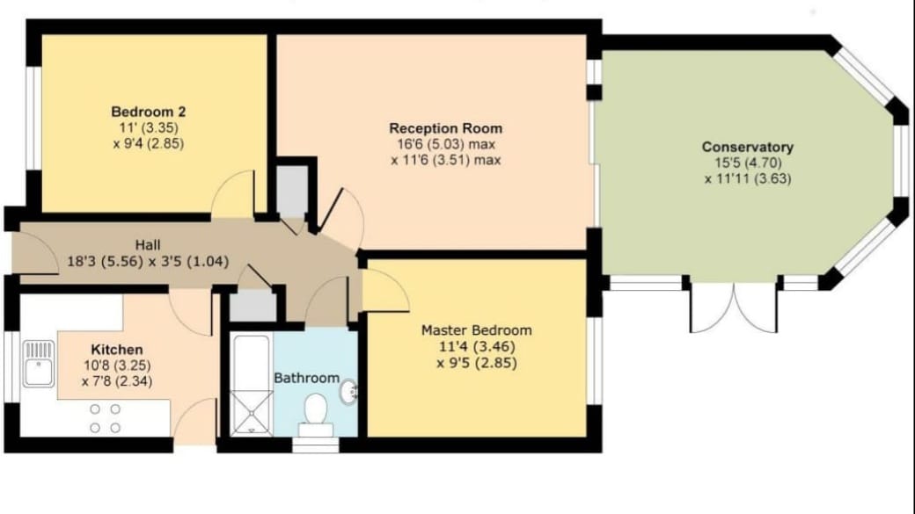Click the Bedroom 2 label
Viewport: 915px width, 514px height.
point(148,112)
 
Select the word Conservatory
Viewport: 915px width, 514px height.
point(748,147)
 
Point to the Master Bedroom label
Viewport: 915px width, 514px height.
point(476,330)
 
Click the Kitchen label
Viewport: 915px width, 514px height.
point(115,349)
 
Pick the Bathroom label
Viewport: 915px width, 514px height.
point(306,378)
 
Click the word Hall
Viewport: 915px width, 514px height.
point(148,244)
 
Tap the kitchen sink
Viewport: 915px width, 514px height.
point(39,364)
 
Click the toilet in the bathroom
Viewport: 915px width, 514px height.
point(315,413)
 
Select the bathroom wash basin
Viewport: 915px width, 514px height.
point(348,389)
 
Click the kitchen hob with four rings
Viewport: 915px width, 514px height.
point(104,417)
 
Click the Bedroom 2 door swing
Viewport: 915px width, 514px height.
point(234,195)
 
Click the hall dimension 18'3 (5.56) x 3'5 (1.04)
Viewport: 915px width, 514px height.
point(147,260)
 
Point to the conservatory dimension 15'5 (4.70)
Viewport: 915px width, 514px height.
point(748,163)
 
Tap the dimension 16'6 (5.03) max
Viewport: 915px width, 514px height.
point(446,144)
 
